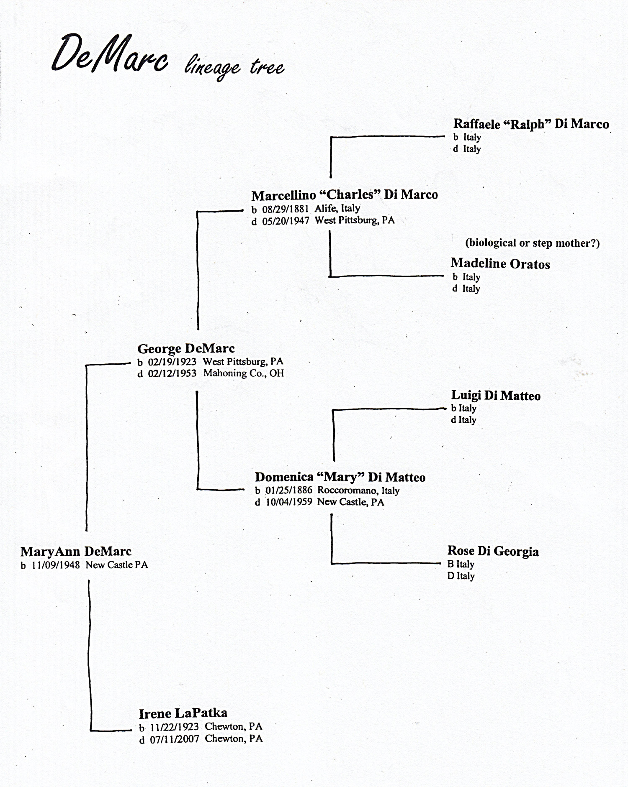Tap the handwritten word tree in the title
click(x=267, y=67)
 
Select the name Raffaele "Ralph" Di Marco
click(x=531, y=124)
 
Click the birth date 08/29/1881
click(x=285, y=209)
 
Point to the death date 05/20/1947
click(x=286, y=221)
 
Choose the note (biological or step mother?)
click(x=532, y=243)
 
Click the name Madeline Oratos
click(x=500, y=264)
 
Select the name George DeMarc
click(x=186, y=349)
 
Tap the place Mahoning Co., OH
click(x=244, y=373)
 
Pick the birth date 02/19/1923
click(x=172, y=362)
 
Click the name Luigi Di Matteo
click(x=496, y=396)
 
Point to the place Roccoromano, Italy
click(x=358, y=491)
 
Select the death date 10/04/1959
click(x=289, y=502)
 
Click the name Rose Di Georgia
click(x=493, y=551)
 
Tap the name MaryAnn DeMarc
click(x=76, y=552)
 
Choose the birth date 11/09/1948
click(x=56, y=565)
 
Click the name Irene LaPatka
click(x=183, y=713)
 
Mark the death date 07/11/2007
click(x=175, y=739)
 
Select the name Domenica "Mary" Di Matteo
click(x=340, y=477)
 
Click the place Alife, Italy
click(x=337, y=209)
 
